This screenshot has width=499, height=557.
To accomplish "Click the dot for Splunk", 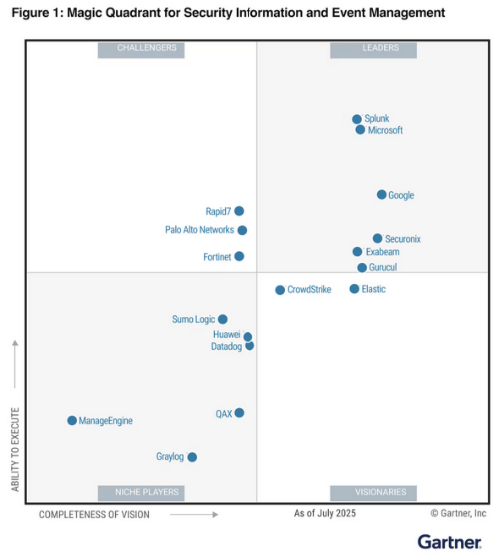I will point(357,119).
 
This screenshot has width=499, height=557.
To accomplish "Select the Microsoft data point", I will point(360,130).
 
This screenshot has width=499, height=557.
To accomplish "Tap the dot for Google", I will point(381,195).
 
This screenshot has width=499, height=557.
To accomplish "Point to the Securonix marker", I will point(377,239).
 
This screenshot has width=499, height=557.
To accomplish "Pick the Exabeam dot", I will point(357,252).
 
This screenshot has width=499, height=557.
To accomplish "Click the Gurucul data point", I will point(362,268).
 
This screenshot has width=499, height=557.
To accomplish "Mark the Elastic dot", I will point(354,289).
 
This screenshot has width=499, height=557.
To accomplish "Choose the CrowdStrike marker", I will point(280,290).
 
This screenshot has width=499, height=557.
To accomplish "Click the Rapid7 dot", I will point(239,211).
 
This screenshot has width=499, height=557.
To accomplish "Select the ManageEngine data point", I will point(72,421).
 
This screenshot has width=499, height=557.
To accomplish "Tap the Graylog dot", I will point(192,457).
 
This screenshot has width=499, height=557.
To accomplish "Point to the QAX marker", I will point(239,413).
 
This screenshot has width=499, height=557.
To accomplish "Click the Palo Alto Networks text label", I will point(199,230).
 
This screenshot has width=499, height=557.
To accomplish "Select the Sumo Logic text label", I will point(193,320).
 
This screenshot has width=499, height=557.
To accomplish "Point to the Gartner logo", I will point(451,540).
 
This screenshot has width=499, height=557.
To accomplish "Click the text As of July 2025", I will point(324,513).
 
